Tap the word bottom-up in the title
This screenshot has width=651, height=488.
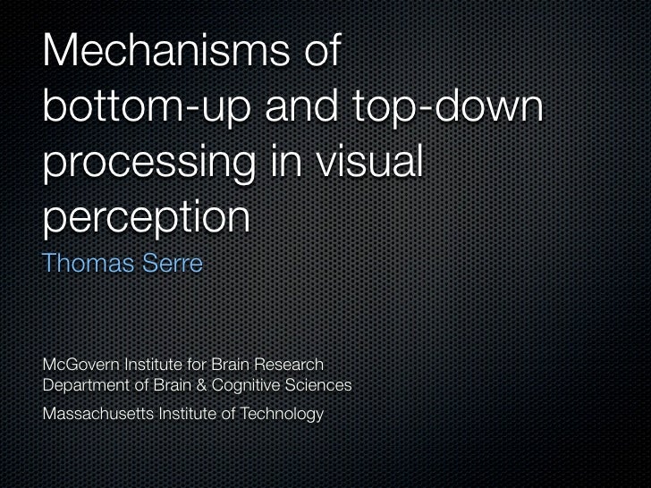(150, 109)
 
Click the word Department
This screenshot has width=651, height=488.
(82, 385)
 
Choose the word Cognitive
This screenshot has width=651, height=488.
(239, 385)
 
